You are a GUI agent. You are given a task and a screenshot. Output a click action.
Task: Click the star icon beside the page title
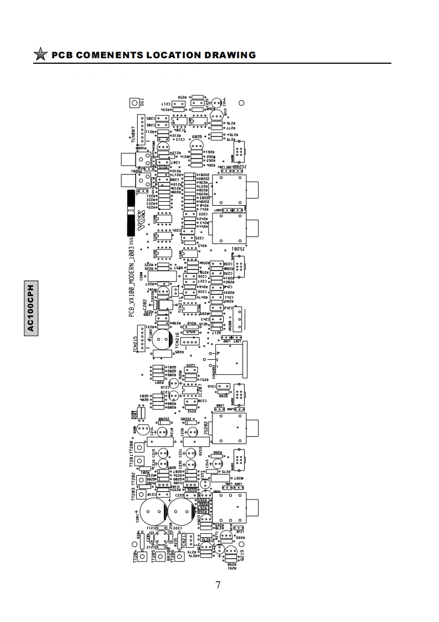[x=40, y=55]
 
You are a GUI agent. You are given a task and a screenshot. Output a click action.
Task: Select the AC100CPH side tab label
[x=30, y=308]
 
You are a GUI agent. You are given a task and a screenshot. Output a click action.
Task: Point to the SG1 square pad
[x=134, y=103]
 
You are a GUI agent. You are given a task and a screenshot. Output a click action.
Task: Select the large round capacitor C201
[x=152, y=512]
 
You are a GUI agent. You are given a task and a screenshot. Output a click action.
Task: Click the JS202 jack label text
[x=206, y=428]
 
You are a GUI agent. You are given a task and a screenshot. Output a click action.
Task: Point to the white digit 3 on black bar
[x=131, y=210]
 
